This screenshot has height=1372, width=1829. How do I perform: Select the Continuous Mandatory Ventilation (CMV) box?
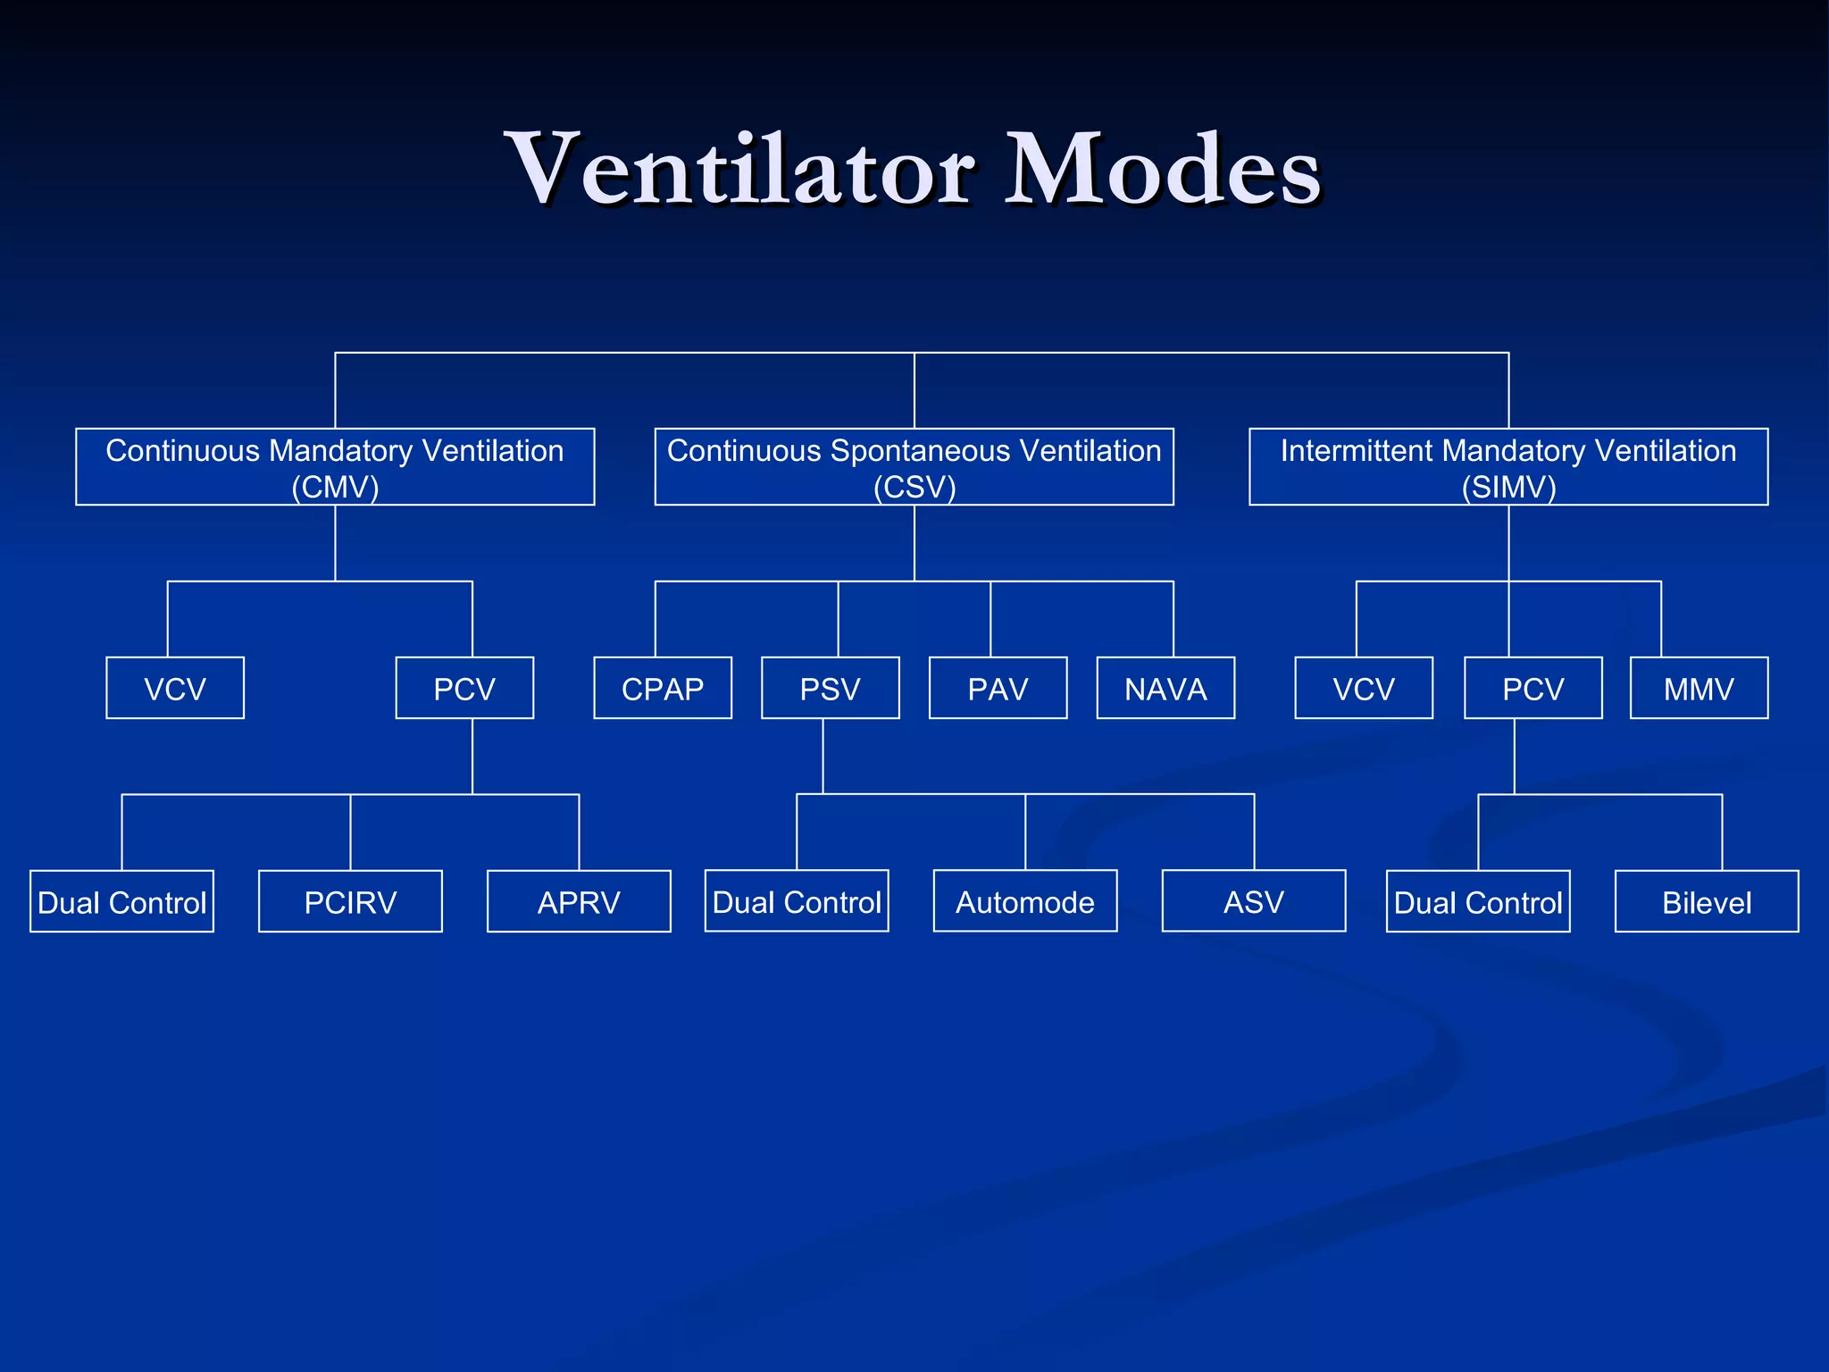335,467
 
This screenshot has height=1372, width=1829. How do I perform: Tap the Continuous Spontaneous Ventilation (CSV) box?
914,467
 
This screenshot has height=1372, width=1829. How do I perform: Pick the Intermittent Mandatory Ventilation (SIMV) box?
1508,467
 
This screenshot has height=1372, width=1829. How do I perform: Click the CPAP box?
663,688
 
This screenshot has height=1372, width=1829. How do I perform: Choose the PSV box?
831,688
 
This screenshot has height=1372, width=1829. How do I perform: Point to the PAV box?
998,688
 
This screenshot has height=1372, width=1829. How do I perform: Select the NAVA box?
1165,688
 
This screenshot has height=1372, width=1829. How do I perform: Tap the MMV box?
1699,688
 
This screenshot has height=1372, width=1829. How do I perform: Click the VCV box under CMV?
175,688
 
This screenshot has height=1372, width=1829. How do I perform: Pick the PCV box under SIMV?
1533,688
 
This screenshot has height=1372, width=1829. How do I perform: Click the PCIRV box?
350,901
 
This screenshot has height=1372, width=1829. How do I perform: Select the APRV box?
579,901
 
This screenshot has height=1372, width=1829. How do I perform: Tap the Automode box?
1025,901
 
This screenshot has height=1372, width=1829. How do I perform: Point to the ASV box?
1254,901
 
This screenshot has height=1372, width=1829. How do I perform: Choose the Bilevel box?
1707,901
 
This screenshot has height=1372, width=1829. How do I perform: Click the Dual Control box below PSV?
797,901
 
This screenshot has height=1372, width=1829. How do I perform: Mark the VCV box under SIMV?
1364,688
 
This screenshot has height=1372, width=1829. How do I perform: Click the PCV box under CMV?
464,688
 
